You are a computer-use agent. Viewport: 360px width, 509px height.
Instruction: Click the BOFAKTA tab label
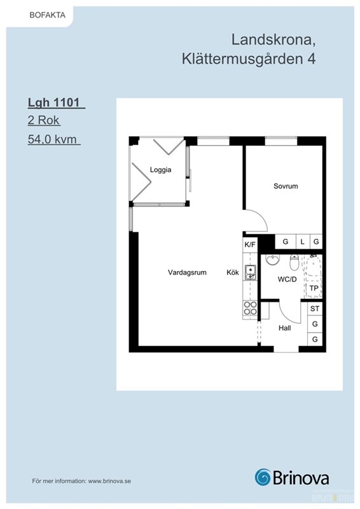point(48,15)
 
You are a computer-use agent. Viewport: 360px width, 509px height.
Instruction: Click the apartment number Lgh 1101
point(54,102)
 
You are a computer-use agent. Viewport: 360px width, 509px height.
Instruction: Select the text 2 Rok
point(43,120)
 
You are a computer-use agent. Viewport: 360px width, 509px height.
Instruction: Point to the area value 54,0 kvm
point(52,139)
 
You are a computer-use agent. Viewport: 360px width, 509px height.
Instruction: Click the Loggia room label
point(160,170)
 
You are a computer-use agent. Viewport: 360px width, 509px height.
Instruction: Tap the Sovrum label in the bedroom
point(286,186)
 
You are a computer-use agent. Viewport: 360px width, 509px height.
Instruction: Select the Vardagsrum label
point(187,272)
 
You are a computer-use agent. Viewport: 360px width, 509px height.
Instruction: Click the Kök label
point(233,272)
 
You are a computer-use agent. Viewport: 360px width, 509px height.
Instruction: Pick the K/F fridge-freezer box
point(250,245)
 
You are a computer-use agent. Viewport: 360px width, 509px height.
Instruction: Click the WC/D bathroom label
point(287,279)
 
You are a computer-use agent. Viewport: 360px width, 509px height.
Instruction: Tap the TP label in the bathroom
point(314,288)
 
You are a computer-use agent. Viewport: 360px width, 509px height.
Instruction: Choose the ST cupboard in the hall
point(315,309)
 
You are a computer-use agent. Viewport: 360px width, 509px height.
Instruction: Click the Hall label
point(285,328)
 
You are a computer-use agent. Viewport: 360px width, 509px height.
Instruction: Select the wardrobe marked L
point(303,242)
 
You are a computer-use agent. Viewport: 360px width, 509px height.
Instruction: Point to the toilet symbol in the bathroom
point(294,262)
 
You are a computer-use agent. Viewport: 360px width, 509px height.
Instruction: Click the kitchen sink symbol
point(250,272)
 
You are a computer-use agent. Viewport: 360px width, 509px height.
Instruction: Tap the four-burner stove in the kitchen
point(250,308)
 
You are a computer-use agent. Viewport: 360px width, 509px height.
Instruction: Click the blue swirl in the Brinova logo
point(263,477)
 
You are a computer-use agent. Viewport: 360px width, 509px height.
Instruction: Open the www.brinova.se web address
point(109,481)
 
